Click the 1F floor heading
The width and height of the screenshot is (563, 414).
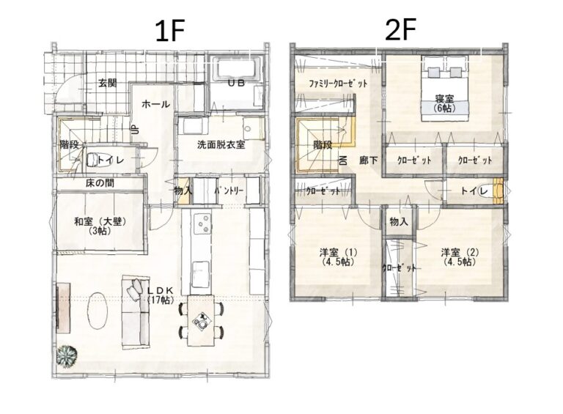[169, 31]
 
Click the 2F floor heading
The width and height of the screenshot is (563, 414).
[400, 30]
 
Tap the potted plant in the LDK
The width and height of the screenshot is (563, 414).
[67, 356]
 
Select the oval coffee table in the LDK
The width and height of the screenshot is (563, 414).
[97, 311]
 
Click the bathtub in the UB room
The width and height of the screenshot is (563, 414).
[237, 69]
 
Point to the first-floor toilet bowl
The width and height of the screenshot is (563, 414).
[92, 160]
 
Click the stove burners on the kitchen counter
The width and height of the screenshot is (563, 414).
[202, 223]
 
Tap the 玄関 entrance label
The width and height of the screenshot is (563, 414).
[108, 84]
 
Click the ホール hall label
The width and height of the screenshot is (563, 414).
[156, 104]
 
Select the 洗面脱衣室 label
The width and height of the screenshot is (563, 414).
[221, 145]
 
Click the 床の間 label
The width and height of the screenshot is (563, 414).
[100, 183]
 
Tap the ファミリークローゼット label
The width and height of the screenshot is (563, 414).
[338, 84]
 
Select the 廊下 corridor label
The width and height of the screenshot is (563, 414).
[369, 160]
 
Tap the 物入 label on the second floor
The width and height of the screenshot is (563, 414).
[399, 222]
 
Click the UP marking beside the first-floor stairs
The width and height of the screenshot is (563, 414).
[135, 129]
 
